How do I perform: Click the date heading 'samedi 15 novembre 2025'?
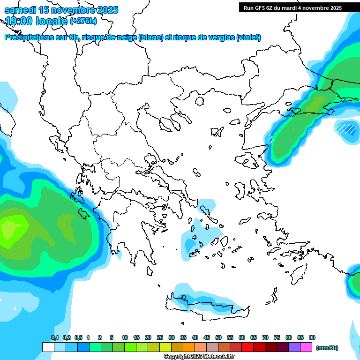click(x=61, y=10)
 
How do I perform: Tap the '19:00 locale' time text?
click(x=36, y=21)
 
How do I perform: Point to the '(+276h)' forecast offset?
click(x=83, y=21)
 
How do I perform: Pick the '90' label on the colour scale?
click(x=312, y=337)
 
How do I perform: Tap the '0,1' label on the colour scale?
click(x=55, y=337)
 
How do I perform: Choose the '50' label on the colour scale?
click(x=218, y=337)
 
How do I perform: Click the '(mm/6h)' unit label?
click(x=327, y=348)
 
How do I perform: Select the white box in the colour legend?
click(x=48, y=347)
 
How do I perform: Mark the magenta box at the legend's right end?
click(x=306, y=347)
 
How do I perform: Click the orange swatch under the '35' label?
click(x=189, y=347)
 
